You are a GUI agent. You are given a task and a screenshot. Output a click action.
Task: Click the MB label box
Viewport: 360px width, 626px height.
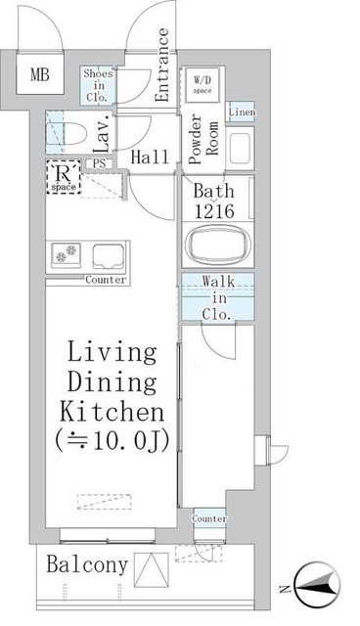40,75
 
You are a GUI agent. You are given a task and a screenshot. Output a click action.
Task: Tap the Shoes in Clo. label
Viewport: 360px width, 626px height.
99,84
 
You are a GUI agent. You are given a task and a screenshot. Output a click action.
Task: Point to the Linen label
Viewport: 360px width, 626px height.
243,112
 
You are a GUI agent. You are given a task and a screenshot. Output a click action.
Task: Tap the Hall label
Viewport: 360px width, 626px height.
151,157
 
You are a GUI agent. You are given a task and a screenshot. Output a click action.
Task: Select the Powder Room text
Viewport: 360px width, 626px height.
202,142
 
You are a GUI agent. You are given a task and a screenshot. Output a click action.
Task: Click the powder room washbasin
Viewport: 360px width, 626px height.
241,148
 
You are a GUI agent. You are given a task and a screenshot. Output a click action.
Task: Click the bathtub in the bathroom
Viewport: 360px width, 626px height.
216,245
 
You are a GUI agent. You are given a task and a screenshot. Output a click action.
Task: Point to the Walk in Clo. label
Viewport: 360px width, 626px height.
217,298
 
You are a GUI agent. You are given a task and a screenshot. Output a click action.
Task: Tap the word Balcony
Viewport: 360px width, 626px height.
86,564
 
